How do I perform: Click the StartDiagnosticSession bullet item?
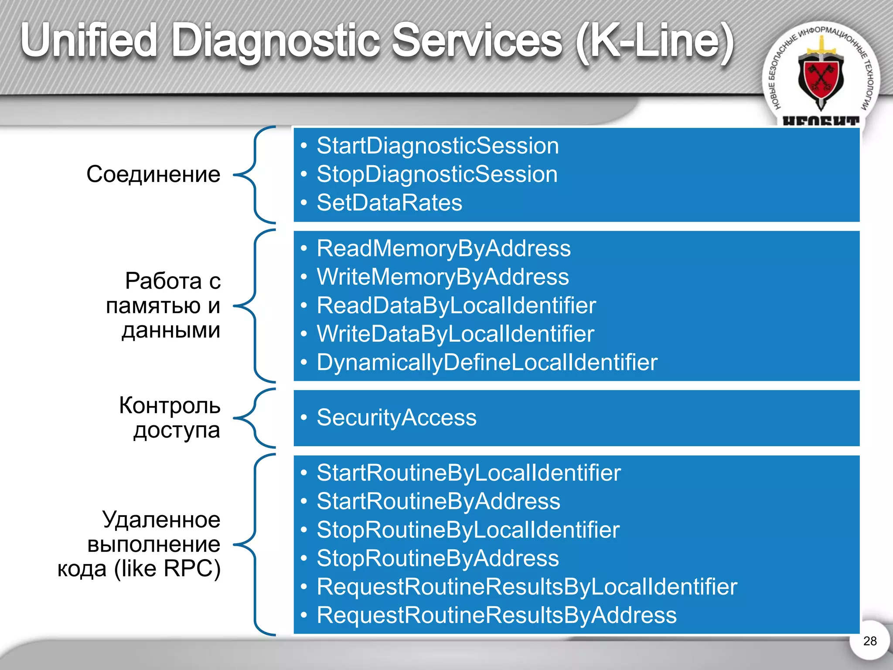(437, 146)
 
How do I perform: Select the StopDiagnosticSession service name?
(437, 174)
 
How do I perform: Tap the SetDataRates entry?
(389, 203)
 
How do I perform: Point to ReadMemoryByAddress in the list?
(443, 249)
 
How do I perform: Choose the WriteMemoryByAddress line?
(443, 277)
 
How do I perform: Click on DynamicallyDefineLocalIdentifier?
(487, 362)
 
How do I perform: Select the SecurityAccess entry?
(396, 417)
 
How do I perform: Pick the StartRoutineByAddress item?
(438, 501)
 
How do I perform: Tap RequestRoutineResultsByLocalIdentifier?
(527, 587)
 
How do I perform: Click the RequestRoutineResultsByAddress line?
(497, 615)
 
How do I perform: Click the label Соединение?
(153, 174)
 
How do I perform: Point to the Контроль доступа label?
(170, 417)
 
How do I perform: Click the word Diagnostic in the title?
(276, 41)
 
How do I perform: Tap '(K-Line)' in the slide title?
(654, 41)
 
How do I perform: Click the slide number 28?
(869, 641)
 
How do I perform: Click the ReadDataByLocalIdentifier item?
(456, 305)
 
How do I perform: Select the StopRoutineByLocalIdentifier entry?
(468, 530)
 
